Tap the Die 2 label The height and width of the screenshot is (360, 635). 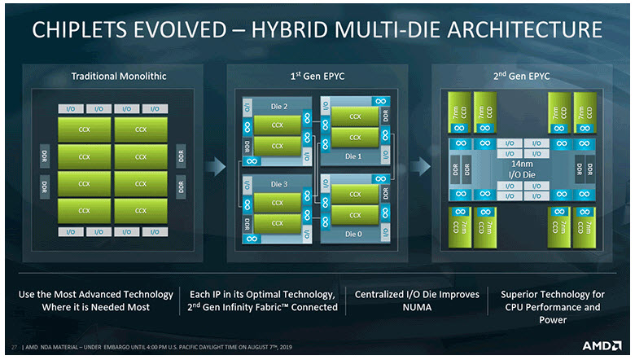(x=279, y=106)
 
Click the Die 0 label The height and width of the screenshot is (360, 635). (x=353, y=234)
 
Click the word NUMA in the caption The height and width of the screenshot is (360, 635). (x=406, y=308)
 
